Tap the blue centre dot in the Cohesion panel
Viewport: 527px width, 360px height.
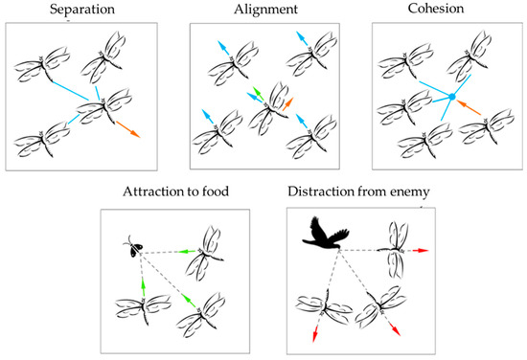click(x=450, y=97)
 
